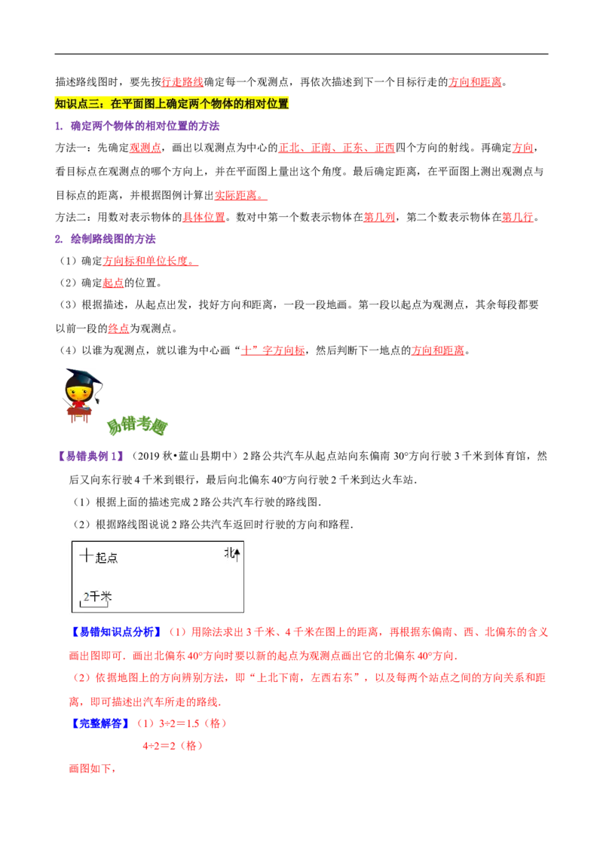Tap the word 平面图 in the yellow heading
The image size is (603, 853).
point(139,104)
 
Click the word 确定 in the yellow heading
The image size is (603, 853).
point(182,104)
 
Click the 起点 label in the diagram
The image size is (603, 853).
point(107,558)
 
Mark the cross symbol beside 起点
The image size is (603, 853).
point(87,555)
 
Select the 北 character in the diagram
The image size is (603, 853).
point(229,553)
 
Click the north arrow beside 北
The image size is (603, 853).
point(237,555)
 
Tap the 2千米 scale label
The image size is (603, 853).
point(97,596)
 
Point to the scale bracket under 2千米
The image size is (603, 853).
point(94,604)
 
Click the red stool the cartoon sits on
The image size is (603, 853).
point(78,418)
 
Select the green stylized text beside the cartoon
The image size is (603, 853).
point(137,427)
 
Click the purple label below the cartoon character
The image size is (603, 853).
point(90,456)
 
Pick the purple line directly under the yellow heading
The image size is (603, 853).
point(139,127)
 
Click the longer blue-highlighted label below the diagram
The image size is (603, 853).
point(117,631)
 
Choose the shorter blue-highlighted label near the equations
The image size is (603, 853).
point(101,723)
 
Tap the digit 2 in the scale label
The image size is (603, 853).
point(87,597)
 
